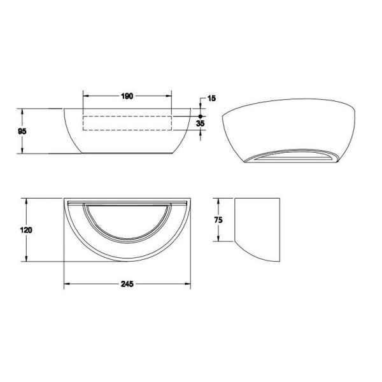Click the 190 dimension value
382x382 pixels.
(x=127, y=96)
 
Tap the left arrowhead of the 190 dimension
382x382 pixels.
(x=86, y=96)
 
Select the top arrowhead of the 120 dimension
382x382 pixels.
(x=26, y=201)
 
